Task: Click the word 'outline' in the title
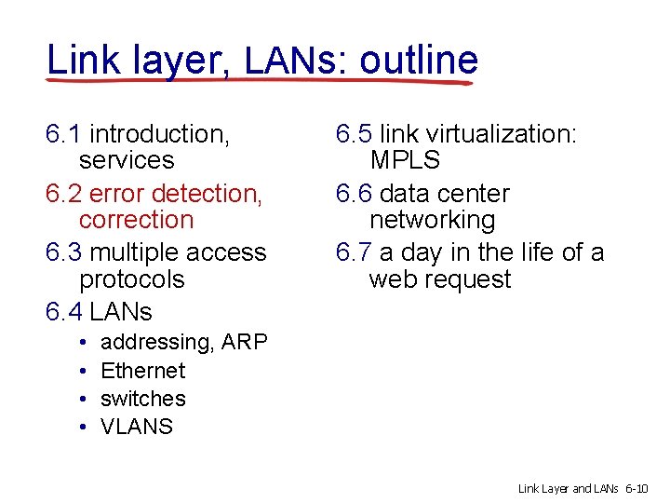[419, 61]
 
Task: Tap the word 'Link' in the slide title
[81, 61]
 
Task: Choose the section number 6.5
[354, 134]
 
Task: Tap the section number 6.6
[354, 194]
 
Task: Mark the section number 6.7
[354, 252]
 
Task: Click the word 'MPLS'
[405, 160]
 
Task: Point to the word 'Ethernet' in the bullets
[142, 371]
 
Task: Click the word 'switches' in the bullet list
[142, 399]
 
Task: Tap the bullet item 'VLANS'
[136, 427]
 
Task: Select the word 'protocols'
[132, 279]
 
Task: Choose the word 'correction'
[136, 220]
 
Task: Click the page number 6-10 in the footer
[641, 488]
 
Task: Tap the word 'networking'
[432, 220]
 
